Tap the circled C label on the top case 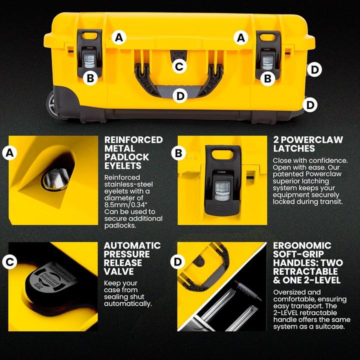point(179,65)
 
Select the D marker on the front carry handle point(179,94)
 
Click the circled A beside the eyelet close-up point(8,153)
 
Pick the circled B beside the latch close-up point(179,153)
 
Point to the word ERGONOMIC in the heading point(302,245)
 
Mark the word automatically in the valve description point(127,303)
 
